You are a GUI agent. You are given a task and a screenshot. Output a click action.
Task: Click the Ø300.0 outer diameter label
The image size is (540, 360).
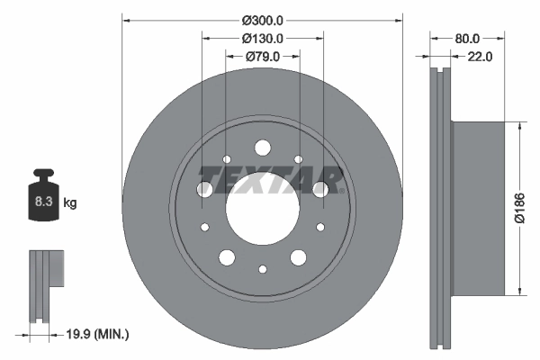(x=263, y=19)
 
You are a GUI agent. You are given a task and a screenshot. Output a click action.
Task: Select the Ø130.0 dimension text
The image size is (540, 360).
(x=263, y=38)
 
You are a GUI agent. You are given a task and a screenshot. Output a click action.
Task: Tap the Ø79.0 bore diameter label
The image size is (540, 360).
(x=263, y=56)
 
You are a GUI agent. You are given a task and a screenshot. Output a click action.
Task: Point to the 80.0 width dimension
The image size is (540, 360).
(x=467, y=39)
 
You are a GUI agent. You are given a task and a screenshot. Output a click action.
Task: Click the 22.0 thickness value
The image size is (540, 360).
(x=480, y=57)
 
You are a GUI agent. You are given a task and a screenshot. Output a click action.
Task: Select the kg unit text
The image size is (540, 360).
(x=70, y=203)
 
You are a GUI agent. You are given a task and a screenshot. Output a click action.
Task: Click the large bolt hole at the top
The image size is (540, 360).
(x=262, y=147)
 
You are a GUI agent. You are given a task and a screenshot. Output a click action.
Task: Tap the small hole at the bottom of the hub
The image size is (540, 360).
(x=262, y=269)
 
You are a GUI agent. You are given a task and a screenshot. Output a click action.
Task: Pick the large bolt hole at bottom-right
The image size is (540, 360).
(x=298, y=257)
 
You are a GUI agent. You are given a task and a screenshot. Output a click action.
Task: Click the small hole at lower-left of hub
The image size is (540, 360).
(x=205, y=227)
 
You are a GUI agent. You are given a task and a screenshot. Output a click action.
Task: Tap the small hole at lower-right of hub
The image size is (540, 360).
(x=319, y=227)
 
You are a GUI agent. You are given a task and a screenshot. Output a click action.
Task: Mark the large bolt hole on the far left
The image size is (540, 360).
(x=204, y=188)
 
